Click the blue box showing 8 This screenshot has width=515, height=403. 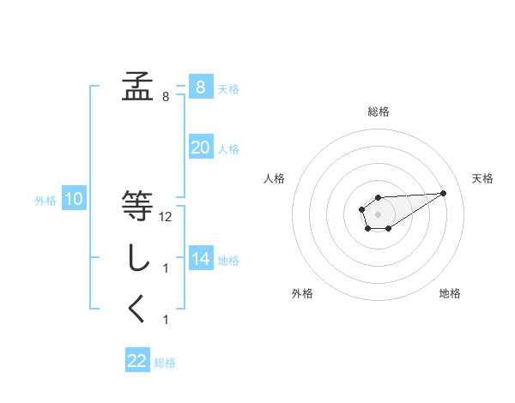(x=200, y=87)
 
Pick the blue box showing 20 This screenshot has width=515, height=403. (x=200, y=147)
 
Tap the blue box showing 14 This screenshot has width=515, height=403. (x=200, y=259)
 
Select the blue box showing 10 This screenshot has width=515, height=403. (x=73, y=200)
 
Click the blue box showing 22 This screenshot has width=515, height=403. (x=137, y=361)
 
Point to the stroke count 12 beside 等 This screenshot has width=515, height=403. (x=166, y=217)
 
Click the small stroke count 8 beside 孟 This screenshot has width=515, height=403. (x=166, y=97)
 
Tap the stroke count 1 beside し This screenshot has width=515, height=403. (x=166, y=268)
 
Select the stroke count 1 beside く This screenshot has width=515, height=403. (x=166, y=320)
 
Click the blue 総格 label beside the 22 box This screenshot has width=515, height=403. (x=165, y=363)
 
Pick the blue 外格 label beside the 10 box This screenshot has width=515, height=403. (x=45, y=201)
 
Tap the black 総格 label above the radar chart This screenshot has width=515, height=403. (x=378, y=111)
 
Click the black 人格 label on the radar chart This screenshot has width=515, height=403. (x=275, y=178)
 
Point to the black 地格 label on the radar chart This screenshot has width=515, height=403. (x=450, y=294)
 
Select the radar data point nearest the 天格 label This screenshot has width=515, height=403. (x=444, y=192)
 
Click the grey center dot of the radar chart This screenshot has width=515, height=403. (x=378, y=214)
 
